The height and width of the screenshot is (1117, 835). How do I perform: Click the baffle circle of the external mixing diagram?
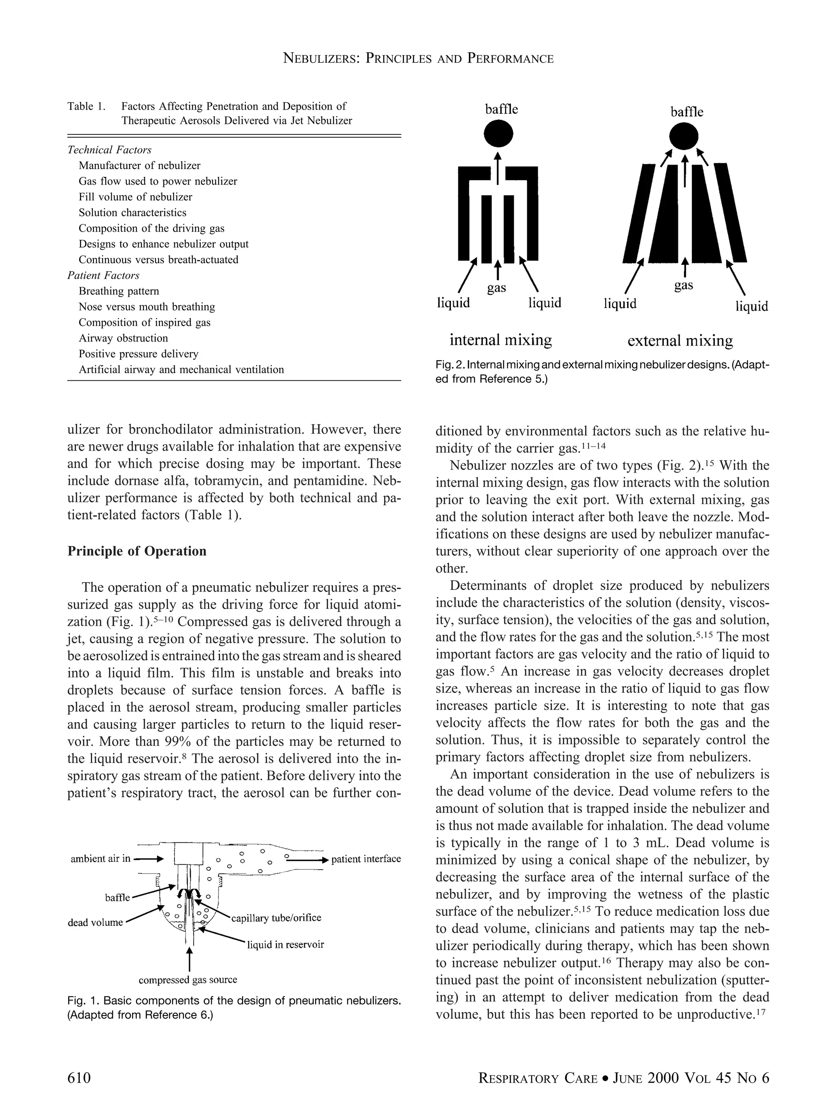point(683,137)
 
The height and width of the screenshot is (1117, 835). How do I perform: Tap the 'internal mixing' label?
point(500,340)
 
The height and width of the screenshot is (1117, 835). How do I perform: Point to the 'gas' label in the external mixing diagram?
point(683,286)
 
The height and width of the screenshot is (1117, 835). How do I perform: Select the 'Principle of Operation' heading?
point(137,551)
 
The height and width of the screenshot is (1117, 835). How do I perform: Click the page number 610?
point(80,1078)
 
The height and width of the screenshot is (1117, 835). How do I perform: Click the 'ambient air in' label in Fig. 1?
point(101,859)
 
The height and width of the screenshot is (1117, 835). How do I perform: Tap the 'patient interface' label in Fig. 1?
point(366,859)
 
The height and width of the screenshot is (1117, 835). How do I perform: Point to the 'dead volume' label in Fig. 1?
point(95,923)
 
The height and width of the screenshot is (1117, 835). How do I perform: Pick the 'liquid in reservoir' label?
point(285,944)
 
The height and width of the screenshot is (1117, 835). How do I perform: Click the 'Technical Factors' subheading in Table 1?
point(109,150)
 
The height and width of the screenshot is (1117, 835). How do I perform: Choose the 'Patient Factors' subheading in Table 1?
point(103,275)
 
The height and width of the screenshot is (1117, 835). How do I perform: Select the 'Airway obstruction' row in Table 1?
point(123,338)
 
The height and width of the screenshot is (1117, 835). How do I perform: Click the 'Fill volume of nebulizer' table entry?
point(135,197)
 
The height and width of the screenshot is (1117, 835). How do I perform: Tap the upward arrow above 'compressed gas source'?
point(190,958)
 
